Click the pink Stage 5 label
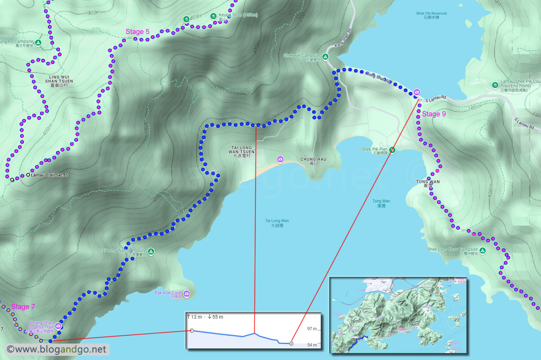(x=137, y=32)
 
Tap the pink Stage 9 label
(x=434, y=114)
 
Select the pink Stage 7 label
(x=23, y=307)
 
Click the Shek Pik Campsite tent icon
(x=325, y=57)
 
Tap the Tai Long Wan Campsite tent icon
(x=151, y=251)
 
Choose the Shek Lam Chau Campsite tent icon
(x=482, y=250)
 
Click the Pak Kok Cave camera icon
(x=187, y=294)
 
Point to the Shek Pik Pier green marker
(x=392, y=150)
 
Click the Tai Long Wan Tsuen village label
(x=242, y=152)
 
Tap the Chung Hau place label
(x=313, y=161)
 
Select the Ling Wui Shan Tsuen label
(x=59, y=81)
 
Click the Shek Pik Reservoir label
(x=431, y=15)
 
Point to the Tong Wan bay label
(x=381, y=203)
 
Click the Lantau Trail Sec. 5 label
(x=49, y=175)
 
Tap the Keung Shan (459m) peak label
(x=238, y=15)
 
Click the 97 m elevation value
(x=312, y=329)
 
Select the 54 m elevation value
(x=312, y=345)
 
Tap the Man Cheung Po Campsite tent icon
(x=38, y=42)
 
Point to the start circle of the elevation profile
(x=192, y=331)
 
